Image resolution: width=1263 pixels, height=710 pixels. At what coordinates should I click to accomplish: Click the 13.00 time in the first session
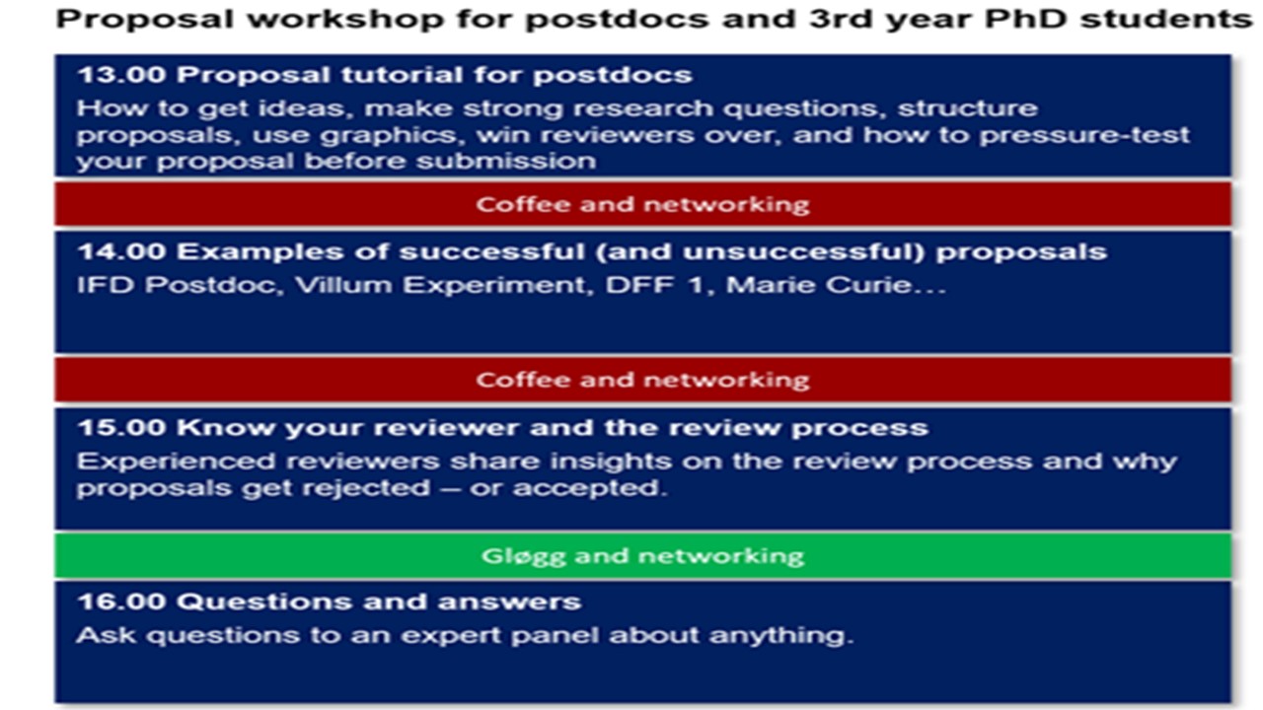(x=121, y=75)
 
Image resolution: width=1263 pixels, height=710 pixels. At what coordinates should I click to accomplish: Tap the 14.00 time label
(x=121, y=251)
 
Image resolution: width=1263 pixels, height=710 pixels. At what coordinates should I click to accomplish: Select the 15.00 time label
(x=121, y=428)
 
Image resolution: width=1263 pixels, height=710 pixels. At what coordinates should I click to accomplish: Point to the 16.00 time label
(x=121, y=602)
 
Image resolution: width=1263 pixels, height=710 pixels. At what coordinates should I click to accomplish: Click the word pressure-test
(x=1083, y=135)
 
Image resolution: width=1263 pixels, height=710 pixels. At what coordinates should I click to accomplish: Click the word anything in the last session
(x=780, y=636)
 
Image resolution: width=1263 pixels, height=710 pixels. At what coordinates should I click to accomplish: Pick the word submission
(x=506, y=161)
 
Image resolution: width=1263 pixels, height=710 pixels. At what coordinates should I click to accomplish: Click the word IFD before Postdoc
(x=106, y=285)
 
